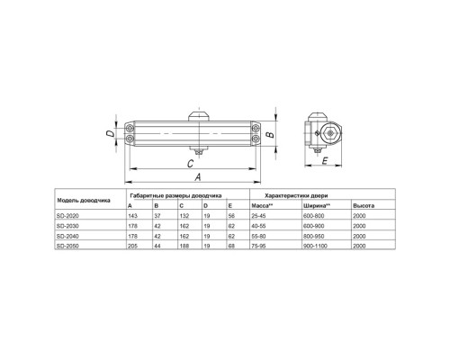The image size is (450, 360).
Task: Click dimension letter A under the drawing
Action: click(198, 177)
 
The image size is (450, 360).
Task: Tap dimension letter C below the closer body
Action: click(190, 164)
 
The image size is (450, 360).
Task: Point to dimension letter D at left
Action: click(111, 133)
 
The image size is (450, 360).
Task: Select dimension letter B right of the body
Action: click(271, 134)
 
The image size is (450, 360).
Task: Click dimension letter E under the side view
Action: click(325, 161)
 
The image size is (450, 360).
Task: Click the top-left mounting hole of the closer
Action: click(130, 129)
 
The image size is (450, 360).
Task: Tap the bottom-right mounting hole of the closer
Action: click(256, 139)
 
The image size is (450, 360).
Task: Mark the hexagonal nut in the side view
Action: click(330, 133)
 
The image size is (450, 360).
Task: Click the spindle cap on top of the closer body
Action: click(199, 116)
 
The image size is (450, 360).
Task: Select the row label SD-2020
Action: click(67, 216)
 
